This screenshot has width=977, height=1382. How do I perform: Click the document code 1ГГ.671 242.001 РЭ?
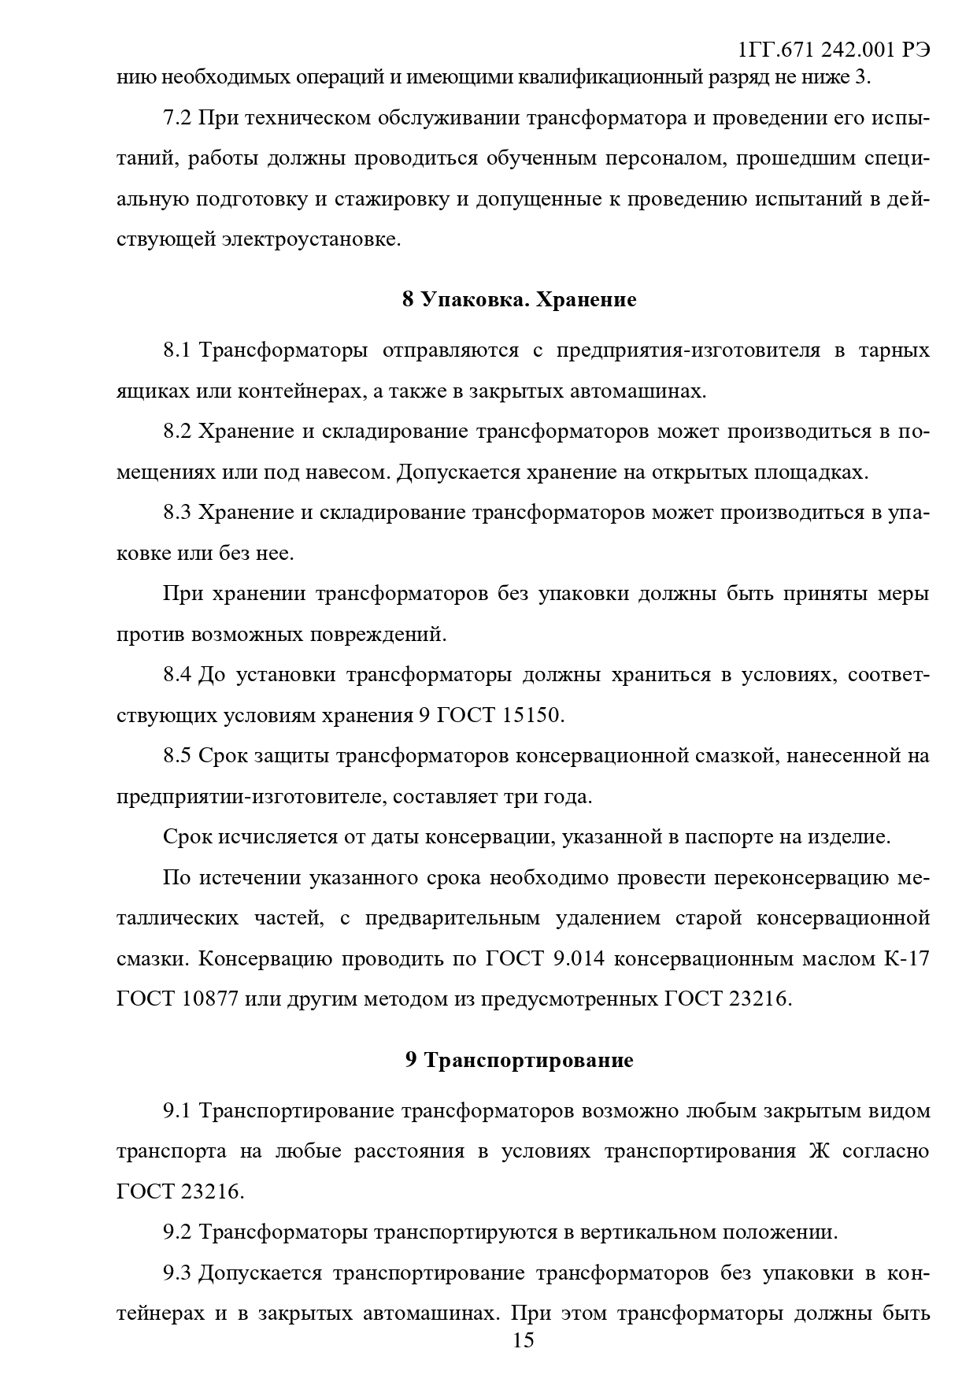point(834,50)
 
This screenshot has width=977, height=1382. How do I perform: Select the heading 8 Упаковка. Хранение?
point(519,300)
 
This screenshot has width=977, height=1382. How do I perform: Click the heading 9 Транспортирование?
point(519,1061)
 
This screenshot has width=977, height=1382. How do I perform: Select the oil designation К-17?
point(907,959)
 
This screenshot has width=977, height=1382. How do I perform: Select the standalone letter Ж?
point(820,1151)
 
